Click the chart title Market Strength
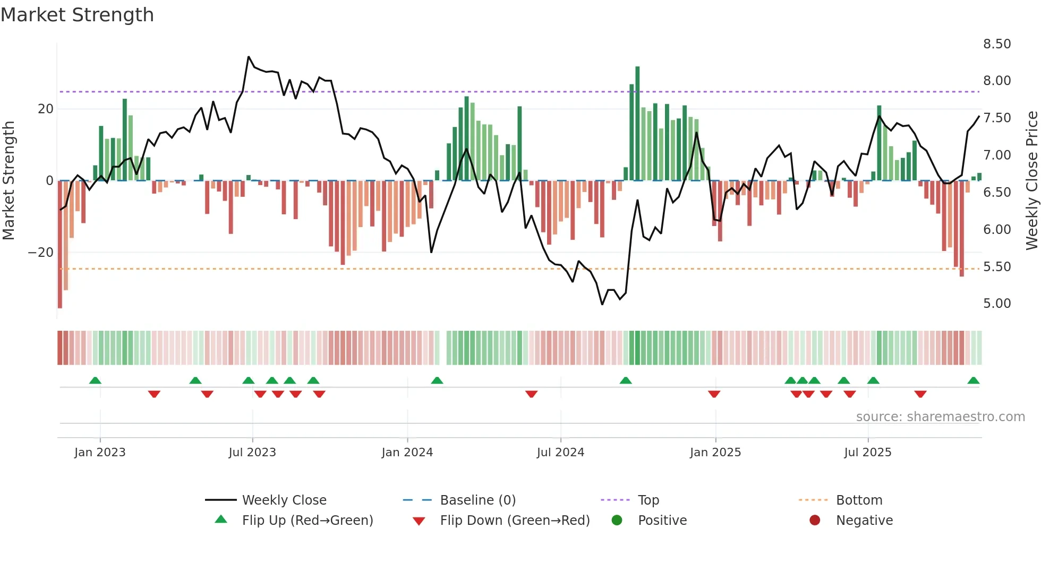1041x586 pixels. click(x=77, y=15)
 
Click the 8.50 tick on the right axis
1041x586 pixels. click(x=996, y=44)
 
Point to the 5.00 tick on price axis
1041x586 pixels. click(x=996, y=304)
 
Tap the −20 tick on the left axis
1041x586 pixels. click(x=40, y=253)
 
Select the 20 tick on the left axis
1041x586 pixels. click(x=46, y=109)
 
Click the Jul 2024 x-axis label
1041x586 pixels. click(x=560, y=453)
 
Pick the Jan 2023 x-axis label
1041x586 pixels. click(x=100, y=453)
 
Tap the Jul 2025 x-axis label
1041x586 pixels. click(x=867, y=453)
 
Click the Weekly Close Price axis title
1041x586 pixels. click(x=1031, y=181)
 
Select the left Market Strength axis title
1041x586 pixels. click(x=9, y=181)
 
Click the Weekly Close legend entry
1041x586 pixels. click(x=284, y=500)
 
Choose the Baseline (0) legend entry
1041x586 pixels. click(x=477, y=500)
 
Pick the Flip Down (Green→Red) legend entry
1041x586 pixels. click(x=514, y=521)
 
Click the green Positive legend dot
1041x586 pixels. click(x=617, y=521)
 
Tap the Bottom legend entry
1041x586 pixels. click(x=858, y=500)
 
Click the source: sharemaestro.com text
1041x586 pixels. click(x=940, y=417)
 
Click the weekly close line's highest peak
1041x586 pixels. click(x=249, y=56)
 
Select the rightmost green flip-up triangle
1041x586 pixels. click(x=973, y=381)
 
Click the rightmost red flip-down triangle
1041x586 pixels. click(x=920, y=394)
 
